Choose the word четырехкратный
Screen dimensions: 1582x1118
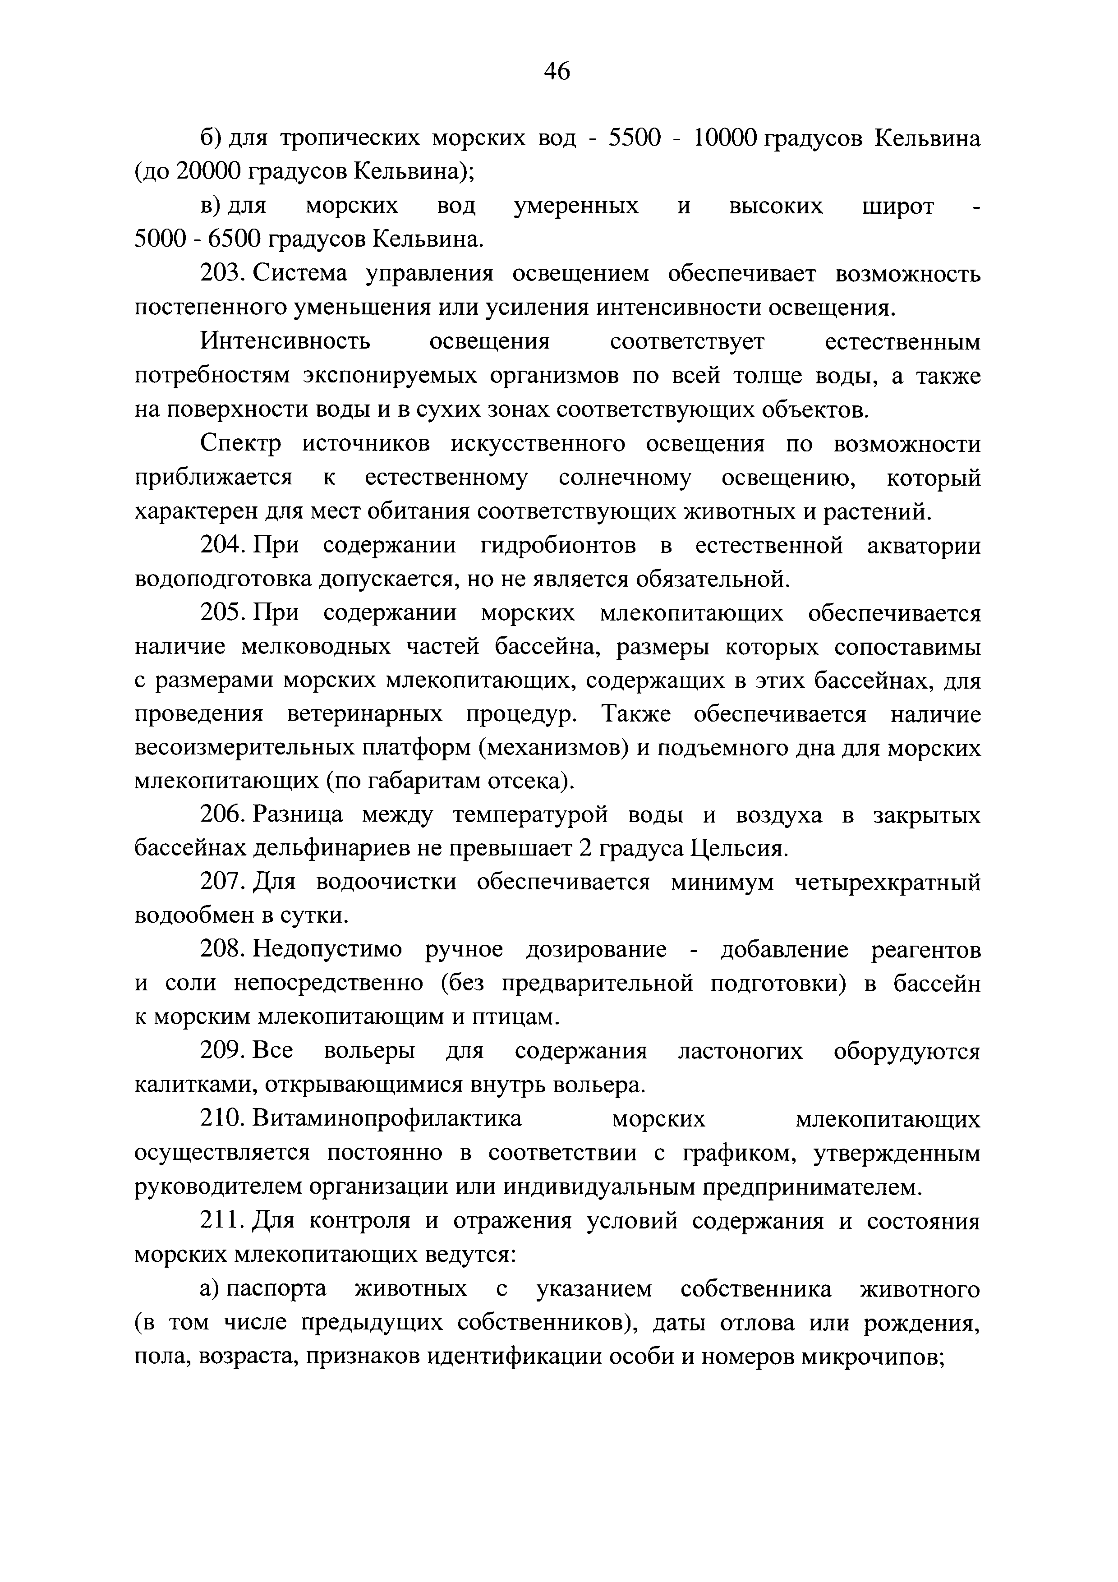[888, 883]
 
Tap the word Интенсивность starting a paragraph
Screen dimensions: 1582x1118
[285, 342]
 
